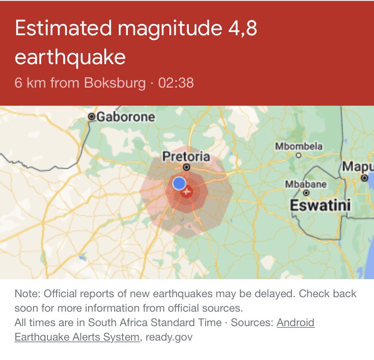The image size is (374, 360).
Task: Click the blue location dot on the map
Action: [179, 183]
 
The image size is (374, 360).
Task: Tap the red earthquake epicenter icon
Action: [187, 192]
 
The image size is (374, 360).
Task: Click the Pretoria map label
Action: [186, 157]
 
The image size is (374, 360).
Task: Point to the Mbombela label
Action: [299, 146]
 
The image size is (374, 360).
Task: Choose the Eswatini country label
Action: [320, 206]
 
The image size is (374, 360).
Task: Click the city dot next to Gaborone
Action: [92, 117]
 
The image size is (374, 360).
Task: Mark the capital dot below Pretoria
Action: [187, 167]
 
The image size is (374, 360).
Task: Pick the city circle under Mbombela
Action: [298, 155]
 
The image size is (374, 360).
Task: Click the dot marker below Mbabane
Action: [306, 192]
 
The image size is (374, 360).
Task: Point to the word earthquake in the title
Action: [70, 57]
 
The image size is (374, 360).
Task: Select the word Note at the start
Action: [27, 294]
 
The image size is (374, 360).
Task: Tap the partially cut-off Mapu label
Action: [357, 166]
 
